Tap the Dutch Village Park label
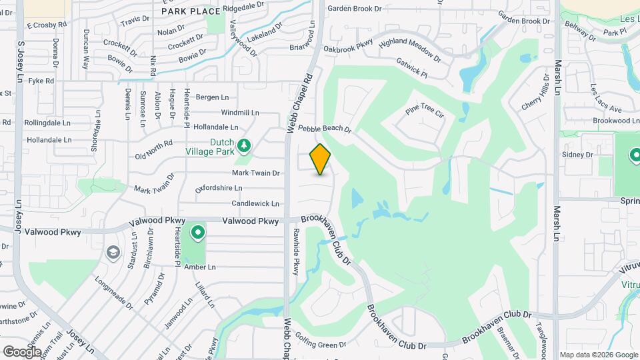[213, 147]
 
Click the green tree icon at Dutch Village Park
[245, 145]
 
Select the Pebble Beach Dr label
[325, 129]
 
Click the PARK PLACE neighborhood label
[191, 11]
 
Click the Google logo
[22, 351]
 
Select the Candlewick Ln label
[255, 203]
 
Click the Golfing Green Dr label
[321, 340]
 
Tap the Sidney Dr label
[577, 155]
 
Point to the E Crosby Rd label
[47, 25]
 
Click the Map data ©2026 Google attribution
[598, 355]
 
